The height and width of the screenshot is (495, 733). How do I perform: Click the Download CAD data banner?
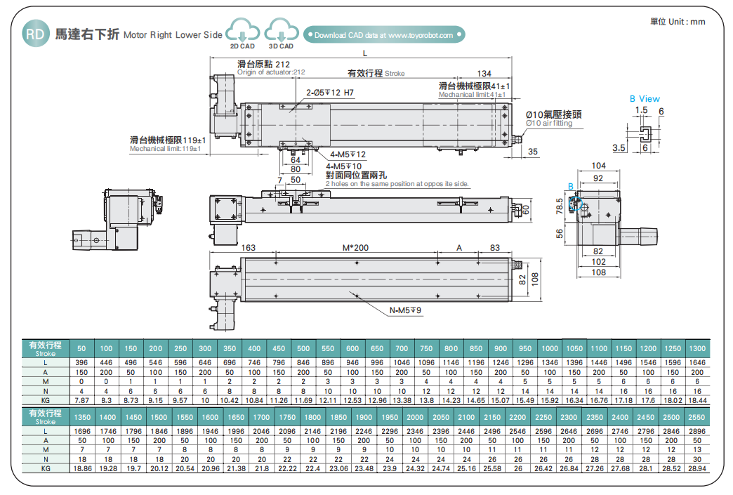coord(383,34)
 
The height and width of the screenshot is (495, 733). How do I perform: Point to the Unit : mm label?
coord(678,22)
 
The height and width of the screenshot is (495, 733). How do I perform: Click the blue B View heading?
coord(644,99)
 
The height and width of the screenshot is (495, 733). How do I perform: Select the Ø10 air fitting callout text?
coord(549,124)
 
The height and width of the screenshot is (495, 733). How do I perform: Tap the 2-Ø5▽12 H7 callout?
coord(330,93)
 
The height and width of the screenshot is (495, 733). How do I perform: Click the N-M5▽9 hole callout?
coord(406,310)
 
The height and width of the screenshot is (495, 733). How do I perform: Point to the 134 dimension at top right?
coord(484,74)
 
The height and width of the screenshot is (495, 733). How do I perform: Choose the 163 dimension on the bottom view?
coord(248,248)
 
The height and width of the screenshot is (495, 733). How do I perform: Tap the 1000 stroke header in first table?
coord(550,348)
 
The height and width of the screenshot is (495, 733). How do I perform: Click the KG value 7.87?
coord(81,400)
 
